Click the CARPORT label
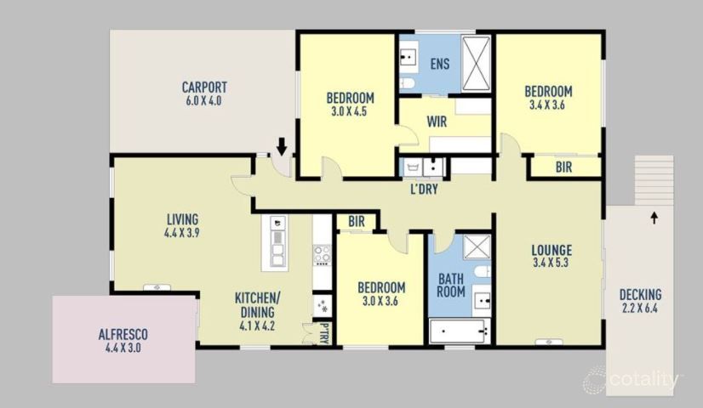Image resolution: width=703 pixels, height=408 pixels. click(204, 87)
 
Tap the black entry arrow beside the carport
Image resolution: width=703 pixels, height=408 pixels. click(282, 146)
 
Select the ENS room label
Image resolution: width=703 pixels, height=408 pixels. click(440, 64)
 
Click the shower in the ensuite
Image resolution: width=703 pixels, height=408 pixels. click(476, 64)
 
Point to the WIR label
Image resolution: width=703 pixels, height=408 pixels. click(437, 122)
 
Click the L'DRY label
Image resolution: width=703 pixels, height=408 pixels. click(424, 189)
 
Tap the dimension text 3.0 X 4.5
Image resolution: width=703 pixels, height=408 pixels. click(349, 111)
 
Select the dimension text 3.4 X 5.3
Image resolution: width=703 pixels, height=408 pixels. click(551, 263)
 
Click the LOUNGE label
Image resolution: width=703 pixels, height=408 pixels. click(552, 250)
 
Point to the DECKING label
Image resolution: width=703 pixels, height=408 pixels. click(641, 295)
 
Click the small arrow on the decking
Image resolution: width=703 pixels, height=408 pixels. click(654, 218)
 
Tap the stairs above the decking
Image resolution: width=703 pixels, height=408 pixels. click(654, 180)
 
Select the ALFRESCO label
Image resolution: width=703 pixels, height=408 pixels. click(123, 334)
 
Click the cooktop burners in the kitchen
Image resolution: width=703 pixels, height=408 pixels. click(322, 255)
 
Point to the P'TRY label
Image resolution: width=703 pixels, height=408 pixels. click(324, 334)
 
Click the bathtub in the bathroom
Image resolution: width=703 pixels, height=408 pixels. click(459, 331)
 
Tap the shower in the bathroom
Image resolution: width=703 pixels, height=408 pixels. click(477, 246)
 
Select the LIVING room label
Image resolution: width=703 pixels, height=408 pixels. click(182, 219)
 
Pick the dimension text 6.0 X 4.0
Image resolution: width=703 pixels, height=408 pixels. click(204, 101)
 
